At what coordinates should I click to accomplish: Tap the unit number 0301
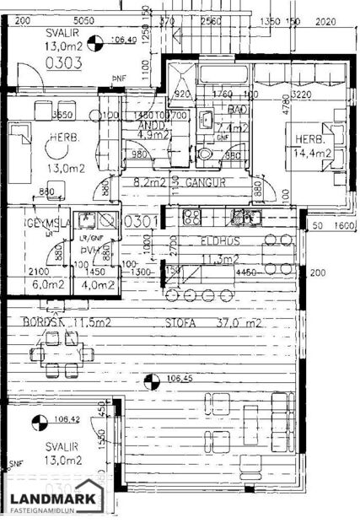point(137,222)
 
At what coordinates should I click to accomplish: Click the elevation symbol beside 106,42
point(37,420)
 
